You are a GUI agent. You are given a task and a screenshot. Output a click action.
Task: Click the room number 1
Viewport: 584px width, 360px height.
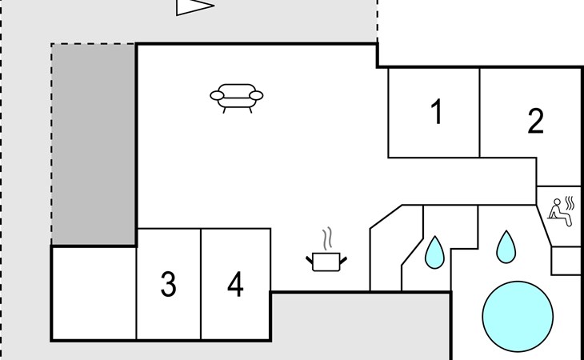coord(437,112)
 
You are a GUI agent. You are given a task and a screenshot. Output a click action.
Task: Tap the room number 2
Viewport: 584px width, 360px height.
coord(535,121)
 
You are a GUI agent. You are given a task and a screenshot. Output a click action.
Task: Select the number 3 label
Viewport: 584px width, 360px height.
coord(168,284)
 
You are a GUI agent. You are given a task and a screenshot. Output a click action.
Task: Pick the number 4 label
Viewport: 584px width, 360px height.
coord(235,284)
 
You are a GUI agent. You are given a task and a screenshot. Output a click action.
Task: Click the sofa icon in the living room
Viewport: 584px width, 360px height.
coord(237,98)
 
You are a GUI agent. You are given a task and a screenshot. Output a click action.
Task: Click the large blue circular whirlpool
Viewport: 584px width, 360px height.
coord(518,317)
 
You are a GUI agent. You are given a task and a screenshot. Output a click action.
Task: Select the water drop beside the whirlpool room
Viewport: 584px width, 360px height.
coord(506,247)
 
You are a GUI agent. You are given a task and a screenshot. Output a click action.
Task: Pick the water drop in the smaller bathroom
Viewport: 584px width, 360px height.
coord(434,253)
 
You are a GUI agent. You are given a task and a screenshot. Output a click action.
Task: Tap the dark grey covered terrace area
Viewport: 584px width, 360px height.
coord(93,145)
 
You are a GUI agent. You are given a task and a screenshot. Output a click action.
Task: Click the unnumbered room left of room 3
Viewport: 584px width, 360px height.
coord(94,294)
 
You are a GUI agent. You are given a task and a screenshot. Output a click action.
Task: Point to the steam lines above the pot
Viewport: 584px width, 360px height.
coord(327,238)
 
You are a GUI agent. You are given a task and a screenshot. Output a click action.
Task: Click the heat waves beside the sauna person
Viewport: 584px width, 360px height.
coord(570,203)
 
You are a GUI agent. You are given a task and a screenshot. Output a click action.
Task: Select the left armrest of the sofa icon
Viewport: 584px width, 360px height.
coord(217,96)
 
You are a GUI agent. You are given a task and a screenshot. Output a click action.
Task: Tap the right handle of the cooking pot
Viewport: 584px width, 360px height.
coord(343,260)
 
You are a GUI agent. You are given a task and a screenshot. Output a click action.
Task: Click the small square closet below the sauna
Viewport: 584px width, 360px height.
coord(566,261)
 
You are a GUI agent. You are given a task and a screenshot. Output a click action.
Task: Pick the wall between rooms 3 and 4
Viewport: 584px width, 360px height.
coord(201,284)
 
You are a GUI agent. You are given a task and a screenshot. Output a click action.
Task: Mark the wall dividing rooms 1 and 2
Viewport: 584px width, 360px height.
coord(480,113)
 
